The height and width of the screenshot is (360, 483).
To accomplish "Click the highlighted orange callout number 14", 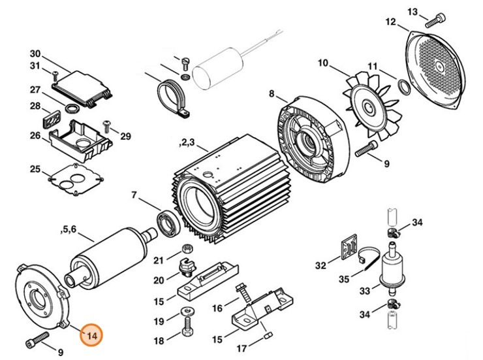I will (x=91, y=335).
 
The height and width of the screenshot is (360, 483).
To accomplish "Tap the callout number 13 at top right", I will (x=413, y=12).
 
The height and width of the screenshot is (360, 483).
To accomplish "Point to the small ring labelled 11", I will (x=404, y=86).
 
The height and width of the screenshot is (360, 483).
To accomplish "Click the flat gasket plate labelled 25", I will (x=76, y=178).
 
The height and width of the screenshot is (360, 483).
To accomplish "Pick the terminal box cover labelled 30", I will (x=80, y=85).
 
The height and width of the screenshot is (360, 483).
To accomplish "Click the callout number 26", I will (x=35, y=135).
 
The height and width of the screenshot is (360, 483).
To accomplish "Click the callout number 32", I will (x=320, y=265).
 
